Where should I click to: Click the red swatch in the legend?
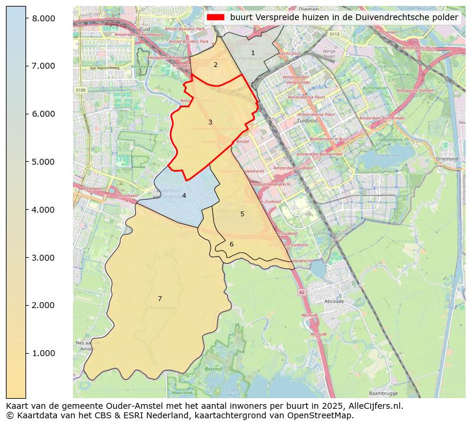click(x=215, y=18)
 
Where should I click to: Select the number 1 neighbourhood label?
click(x=253, y=53)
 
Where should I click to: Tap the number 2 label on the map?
click(x=215, y=65)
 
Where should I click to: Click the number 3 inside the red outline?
click(x=210, y=122)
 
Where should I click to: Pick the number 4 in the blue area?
click(x=184, y=196)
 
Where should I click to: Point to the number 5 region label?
click(x=242, y=214)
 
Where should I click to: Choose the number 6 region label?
click(x=231, y=244)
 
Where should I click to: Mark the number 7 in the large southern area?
click(x=160, y=299)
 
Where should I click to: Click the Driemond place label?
click(x=446, y=159)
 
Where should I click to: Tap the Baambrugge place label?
click(x=383, y=393)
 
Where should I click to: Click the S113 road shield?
click(x=335, y=34)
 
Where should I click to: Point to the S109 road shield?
click(x=81, y=90)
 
